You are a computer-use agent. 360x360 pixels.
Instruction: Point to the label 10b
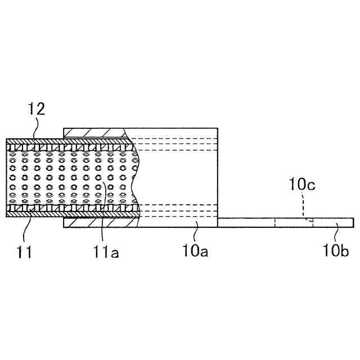pyautogui.click(x=336, y=251)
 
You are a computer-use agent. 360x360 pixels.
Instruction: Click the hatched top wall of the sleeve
pyautogui.click(x=96, y=132)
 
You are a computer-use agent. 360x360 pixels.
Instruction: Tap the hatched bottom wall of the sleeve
pyautogui.click(x=96, y=223)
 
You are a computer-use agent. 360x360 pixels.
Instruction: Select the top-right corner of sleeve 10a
pyautogui.click(x=217, y=128)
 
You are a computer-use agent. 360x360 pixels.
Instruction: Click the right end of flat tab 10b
pyautogui.click(x=353, y=223)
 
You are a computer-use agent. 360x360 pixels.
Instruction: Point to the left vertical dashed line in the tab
pyautogui.click(x=275, y=223)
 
